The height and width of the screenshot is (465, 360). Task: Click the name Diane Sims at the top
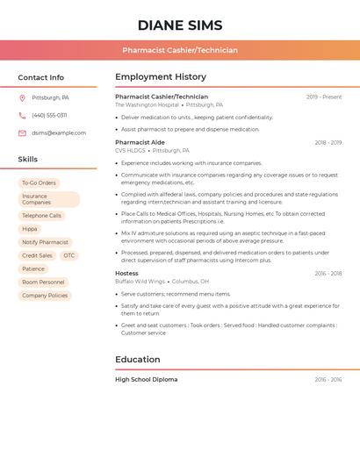pos(180,25)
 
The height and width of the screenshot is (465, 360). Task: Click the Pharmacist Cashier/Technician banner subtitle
pos(180,50)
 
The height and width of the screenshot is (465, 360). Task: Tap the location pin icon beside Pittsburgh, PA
pos(22,97)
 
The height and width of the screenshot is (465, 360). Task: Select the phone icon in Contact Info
pos(22,115)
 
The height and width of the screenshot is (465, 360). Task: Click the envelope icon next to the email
pos(22,133)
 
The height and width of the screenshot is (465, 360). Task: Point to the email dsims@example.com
pos(59,133)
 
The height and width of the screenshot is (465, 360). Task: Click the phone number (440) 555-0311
pos(49,115)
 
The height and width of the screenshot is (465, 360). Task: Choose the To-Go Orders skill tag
pos(39,182)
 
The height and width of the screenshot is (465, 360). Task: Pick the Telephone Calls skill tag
pos(41,215)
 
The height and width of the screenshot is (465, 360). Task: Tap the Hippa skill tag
pos(30,229)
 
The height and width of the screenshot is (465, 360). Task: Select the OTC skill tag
pos(68,255)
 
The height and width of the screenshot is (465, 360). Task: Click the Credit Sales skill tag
pos(37,255)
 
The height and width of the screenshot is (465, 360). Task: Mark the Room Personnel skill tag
pos(43,283)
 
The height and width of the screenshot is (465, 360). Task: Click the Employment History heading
pos(161,77)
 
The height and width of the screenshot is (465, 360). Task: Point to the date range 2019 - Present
pos(324,97)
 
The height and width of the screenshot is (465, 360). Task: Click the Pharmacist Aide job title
pos(140,142)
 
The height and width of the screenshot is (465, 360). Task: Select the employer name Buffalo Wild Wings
pos(140,282)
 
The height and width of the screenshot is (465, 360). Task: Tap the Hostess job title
pos(126,274)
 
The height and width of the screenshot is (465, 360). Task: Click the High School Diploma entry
pos(146,380)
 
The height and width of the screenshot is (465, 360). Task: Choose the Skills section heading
pos(28,160)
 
